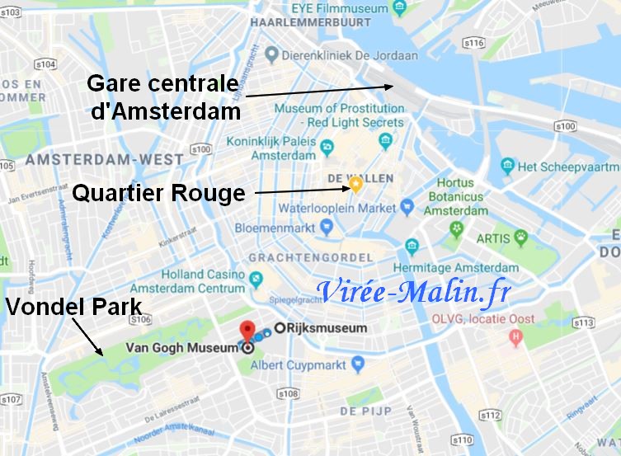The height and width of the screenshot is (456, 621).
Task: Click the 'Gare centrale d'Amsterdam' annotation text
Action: click(x=163, y=96)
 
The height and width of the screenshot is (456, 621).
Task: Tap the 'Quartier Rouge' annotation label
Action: click(x=158, y=193)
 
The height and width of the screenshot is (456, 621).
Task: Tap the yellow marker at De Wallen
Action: click(x=355, y=185)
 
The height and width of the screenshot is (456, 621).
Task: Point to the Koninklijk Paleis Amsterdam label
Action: click(x=273, y=148)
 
